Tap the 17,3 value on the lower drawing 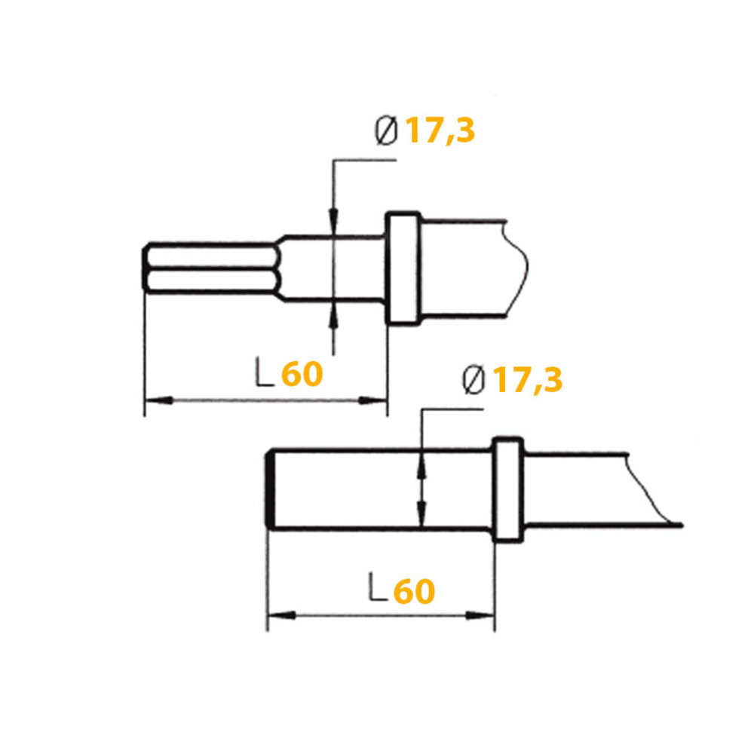click(x=529, y=380)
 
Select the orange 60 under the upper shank click(x=302, y=373)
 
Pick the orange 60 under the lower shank click(x=414, y=592)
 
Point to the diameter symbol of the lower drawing click(x=474, y=382)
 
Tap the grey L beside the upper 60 click(x=264, y=372)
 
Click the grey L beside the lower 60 click(x=378, y=588)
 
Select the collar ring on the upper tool click(x=403, y=268)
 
